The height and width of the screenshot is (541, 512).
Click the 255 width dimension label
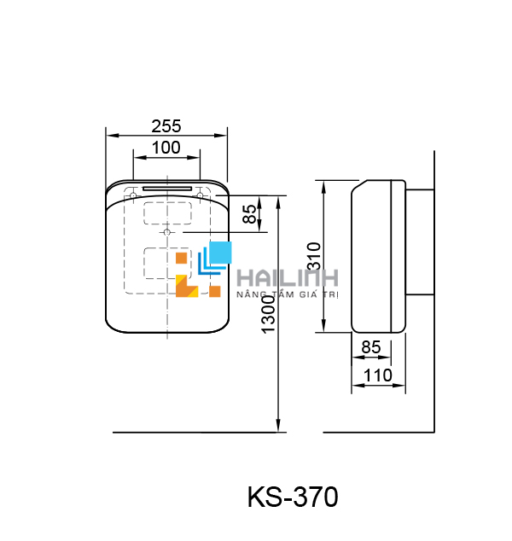tap(166, 125)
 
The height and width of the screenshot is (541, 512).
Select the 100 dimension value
tap(166, 147)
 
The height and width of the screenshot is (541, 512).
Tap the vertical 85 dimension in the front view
tap(249, 213)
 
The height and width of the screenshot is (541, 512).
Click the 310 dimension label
tap(313, 256)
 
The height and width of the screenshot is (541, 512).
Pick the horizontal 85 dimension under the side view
tap(370, 347)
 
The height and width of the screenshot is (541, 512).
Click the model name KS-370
tap(293, 497)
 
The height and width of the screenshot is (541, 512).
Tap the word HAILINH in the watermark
tap(288, 278)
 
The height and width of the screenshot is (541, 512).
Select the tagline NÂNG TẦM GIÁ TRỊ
tap(288, 294)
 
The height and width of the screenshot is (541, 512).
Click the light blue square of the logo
tap(220, 253)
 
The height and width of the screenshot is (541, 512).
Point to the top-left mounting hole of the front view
tap(134, 195)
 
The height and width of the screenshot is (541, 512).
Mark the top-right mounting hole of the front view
tap(200, 195)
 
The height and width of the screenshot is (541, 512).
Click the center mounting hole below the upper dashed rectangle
tap(166, 232)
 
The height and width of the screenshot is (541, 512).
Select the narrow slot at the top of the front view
tap(166, 189)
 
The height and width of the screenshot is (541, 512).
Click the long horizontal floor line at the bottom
tap(273, 433)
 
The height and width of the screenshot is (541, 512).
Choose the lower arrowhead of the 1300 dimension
tap(279, 426)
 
